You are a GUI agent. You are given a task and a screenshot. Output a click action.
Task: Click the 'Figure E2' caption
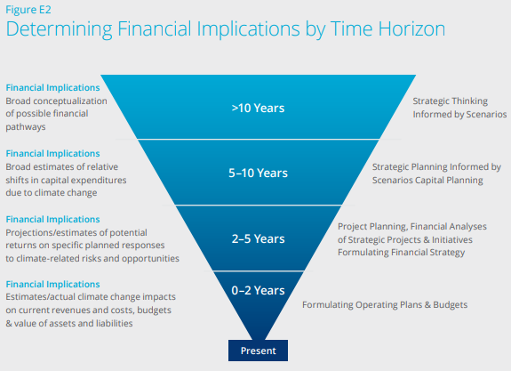pyautogui.click(x=28, y=10)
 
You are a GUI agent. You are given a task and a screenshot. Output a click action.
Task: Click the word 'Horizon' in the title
pyautogui.click(x=411, y=28)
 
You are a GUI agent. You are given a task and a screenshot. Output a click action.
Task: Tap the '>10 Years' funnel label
pyautogui.click(x=258, y=108)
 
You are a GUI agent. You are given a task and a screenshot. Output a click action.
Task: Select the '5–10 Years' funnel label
pyautogui.click(x=258, y=173)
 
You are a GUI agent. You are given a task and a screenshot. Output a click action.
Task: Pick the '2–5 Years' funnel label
pyautogui.click(x=258, y=238)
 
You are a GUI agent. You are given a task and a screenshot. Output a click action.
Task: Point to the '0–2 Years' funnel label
pyautogui.click(x=258, y=290)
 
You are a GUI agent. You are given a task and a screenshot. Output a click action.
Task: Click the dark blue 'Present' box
pyautogui.click(x=258, y=351)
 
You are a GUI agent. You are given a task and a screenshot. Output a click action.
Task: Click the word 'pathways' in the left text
pyautogui.click(x=26, y=127)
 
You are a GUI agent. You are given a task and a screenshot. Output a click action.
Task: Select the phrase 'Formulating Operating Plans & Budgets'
pyautogui.click(x=385, y=305)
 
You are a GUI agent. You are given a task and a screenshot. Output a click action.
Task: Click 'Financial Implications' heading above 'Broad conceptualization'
pyautogui.click(x=52, y=87)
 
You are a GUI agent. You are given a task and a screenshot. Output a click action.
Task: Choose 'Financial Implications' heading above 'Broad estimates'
pyautogui.click(x=52, y=153)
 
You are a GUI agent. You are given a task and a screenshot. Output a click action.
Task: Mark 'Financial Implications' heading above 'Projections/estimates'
pyautogui.click(x=52, y=219)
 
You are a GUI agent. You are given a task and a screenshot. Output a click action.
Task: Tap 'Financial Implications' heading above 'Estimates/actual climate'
pyautogui.click(x=52, y=284)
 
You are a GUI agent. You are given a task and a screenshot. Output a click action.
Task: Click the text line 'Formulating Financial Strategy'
pyautogui.click(x=401, y=253)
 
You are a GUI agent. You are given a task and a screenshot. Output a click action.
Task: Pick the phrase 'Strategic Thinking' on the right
pyautogui.click(x=451, y=101)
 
